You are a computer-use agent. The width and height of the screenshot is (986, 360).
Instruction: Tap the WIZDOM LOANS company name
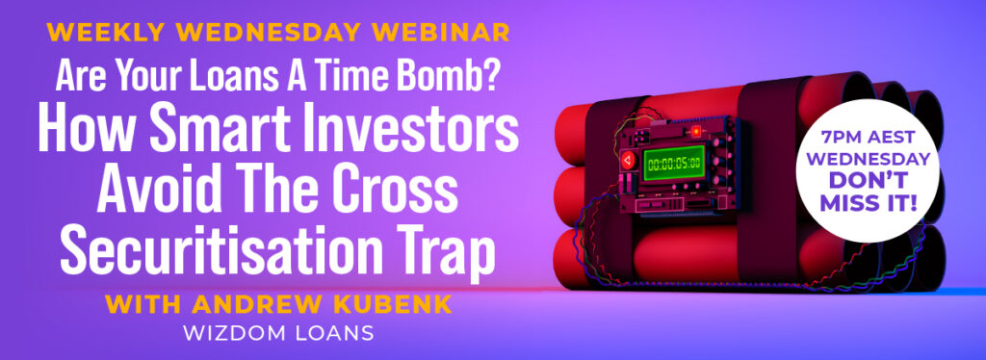pos(278,333)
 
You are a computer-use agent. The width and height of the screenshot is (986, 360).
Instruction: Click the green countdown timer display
pos(674,163)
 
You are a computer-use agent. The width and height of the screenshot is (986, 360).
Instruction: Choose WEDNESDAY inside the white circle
pos(868,160)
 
